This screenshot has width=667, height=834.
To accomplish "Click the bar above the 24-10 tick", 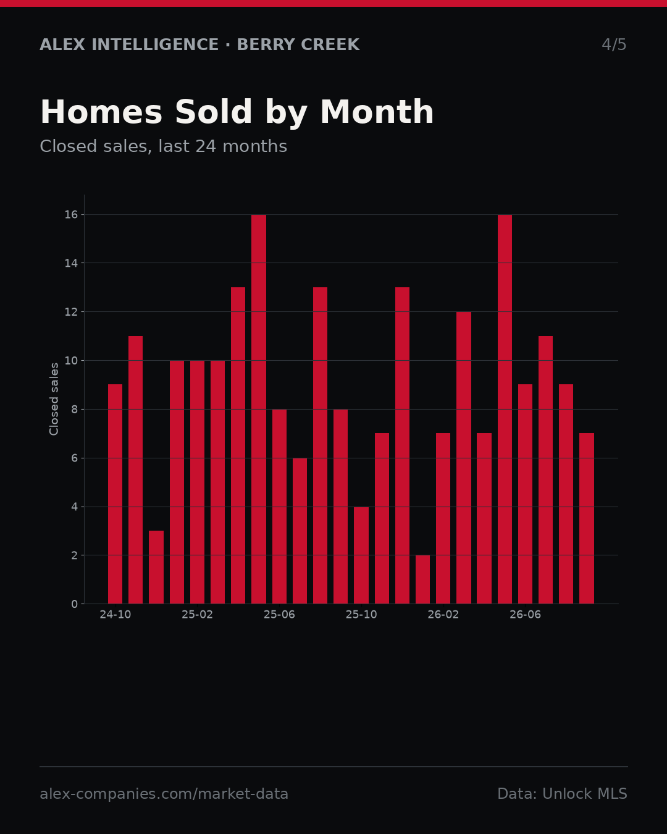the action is coord(115,494).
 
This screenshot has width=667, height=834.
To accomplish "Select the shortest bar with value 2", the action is coord(422,579).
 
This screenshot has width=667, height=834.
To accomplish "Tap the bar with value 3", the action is coord(156,567).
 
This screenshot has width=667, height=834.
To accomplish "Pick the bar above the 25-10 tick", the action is coord(361,555).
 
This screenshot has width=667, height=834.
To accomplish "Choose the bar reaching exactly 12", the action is coord(464,458).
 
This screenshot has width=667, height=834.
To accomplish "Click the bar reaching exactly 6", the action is coord(300,531).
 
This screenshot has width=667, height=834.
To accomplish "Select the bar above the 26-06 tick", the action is coord(525,494).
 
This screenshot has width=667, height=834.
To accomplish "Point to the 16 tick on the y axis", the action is coord(71,215).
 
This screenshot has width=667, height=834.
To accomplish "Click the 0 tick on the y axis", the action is coord(74,604).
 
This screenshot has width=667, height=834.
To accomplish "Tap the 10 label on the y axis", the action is coord(71,360).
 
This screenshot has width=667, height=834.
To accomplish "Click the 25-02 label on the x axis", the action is coord(197,615).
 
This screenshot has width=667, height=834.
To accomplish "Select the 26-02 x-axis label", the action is coord(443,615).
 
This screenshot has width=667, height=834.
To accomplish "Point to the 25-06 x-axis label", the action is coord(279,615).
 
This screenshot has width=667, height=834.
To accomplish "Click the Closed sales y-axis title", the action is coord(54,399).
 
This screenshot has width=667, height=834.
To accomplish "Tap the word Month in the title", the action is coord(377,112).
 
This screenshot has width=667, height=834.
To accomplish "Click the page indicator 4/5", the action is coord(614,44).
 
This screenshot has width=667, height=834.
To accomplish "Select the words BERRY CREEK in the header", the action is coord(298,44).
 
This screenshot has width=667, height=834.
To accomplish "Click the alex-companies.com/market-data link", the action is coord(164,794).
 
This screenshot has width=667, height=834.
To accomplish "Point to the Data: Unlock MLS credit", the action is coord(563,794).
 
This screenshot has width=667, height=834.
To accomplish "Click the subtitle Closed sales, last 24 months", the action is coord(164,146).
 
